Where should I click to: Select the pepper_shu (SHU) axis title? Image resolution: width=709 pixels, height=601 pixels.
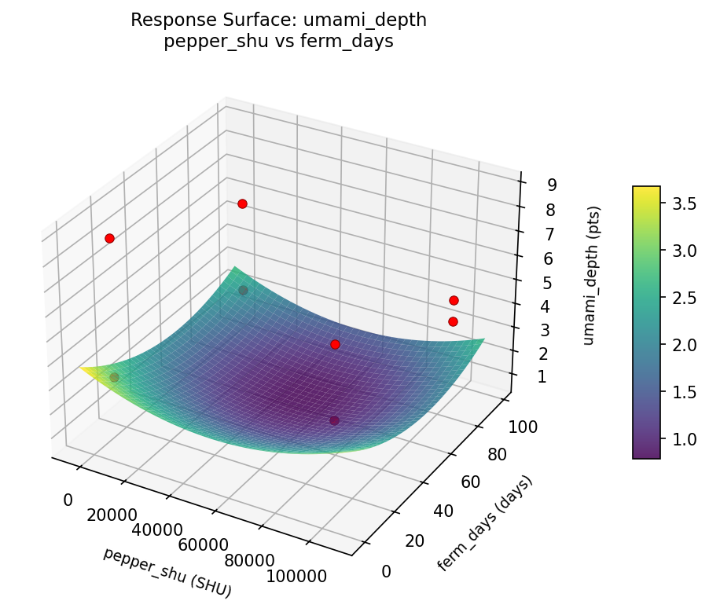(167, 570)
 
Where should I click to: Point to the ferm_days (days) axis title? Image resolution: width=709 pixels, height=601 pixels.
(484, 523)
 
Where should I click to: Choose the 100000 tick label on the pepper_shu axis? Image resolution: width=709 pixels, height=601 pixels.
(296, 577)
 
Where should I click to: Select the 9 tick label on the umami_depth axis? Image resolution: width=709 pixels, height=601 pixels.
(552, 185)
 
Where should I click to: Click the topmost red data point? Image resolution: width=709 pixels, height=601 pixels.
(242, 203)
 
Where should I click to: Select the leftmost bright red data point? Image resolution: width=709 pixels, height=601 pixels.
(109, 238)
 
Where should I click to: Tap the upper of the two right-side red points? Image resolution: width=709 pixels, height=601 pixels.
(454, 300)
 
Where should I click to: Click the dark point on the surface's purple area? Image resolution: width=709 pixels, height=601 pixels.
(334, 420)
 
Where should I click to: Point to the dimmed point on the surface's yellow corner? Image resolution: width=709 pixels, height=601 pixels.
(114, 377)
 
